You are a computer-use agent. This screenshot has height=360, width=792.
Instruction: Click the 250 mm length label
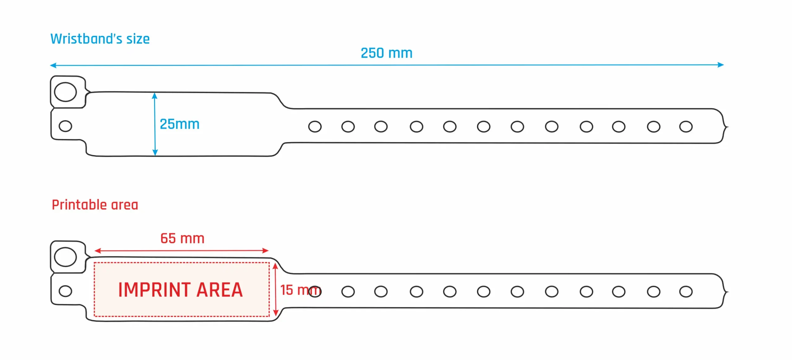click(x=386, y=53)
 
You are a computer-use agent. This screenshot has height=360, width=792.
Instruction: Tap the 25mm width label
click(x=179, y=124)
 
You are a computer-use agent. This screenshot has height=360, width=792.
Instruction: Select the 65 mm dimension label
click(x=182, y=238)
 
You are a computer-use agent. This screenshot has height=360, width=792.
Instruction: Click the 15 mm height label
click(x=300, y=290)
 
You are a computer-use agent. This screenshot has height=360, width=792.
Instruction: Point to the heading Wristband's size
click(x=100, y=39)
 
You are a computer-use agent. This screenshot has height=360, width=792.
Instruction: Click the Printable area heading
click(x=95, y=205)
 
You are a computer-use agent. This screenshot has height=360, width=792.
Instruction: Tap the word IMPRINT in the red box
click(x=154, y=290)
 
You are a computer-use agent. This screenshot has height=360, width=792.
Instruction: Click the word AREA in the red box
click(x=219, y=290)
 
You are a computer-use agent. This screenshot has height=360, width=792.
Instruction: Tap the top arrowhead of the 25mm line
click(x=155, y=96)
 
